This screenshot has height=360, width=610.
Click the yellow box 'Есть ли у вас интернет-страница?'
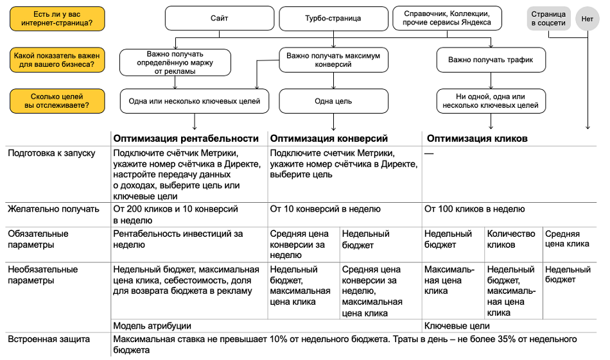click(x=57, y=19)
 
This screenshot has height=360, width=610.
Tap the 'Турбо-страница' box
click(x=333, y=19)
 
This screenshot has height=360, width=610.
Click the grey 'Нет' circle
click(x=588, y=19)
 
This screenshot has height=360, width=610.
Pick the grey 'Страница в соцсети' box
click(x=548, y=19)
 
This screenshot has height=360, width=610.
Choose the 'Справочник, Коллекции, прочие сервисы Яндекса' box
click(x=447, y=18)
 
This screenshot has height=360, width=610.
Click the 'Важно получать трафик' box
click(x=491, y=60)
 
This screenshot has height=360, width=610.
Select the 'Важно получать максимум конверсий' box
click(x=333, y=60)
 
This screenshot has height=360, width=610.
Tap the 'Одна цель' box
click(x=333, y=101)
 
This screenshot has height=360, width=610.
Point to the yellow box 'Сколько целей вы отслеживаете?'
click(x=57, y=100)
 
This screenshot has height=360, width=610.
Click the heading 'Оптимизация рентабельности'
click(x=186, y=138)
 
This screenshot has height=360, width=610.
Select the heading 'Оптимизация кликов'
click(x=477, y=138)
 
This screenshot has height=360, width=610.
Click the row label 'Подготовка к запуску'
click(x=51, y=153)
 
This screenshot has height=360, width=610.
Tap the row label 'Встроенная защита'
click(x=49, y=339)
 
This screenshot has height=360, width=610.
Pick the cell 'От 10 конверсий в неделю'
click(x=325, y=209)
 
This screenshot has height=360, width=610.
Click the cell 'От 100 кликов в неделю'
click(x=475, y=209)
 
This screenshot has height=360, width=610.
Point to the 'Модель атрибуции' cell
click(x=152, y=326)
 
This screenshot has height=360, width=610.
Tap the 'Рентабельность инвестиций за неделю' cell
click(x=178, y=239)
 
